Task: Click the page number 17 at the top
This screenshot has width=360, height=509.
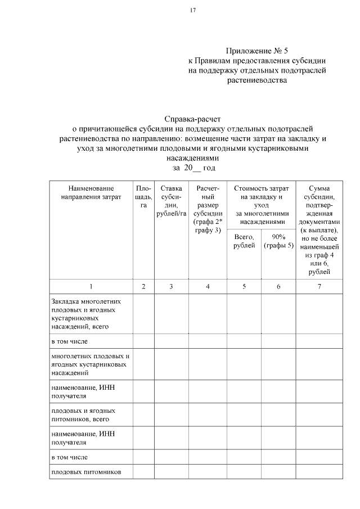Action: coord(193,10)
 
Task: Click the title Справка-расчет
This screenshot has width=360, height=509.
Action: coord(193,119)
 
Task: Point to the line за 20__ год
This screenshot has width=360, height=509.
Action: coord(193,168)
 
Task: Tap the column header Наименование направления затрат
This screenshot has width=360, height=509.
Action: coord(91,192)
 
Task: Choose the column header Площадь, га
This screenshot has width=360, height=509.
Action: coord(143,197)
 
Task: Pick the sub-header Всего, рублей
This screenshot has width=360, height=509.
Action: coord(244,241)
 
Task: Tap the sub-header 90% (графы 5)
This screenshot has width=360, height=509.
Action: coord(278,241)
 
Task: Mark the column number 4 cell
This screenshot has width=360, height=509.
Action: coord(208,287)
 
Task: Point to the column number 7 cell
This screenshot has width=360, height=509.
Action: coord(319,287)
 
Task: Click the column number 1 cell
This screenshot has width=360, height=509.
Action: coord(91,287)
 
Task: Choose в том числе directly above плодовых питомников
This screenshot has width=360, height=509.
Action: coord(69,457)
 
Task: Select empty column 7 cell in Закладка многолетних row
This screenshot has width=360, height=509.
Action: coord(319,313)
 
